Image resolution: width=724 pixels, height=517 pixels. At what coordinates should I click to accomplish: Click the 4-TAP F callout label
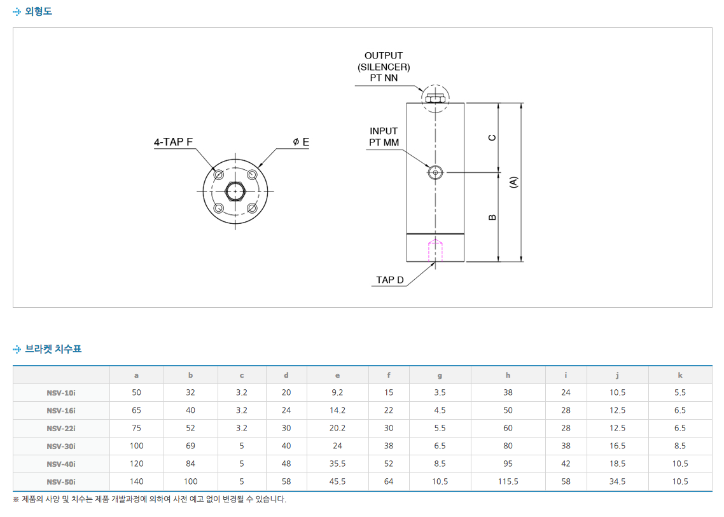click(173, 142)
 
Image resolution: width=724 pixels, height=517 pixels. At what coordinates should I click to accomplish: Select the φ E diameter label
click(300, 142)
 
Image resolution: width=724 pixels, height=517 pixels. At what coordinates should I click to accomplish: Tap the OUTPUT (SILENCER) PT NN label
click(384, 67)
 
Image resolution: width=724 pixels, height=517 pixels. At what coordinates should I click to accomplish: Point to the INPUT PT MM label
click(384, 137)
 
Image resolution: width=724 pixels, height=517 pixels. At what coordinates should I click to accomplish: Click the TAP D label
click(389, 280)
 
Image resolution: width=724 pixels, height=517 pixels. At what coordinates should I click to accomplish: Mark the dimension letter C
click(492, 137)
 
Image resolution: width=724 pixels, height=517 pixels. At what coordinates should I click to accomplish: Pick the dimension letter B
click(492, 217)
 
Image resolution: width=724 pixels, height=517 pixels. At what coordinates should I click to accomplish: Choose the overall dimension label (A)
click(514, 182)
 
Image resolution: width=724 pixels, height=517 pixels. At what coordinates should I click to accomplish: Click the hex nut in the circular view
click(235, 190)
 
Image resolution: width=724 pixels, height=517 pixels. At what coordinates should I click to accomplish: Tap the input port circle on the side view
click(435, 172)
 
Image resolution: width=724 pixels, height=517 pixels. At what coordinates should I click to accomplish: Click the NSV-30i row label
click(61, 446)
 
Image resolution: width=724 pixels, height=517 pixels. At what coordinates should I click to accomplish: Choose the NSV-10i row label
click(61, 392)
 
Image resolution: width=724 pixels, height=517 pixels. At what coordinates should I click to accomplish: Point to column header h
click(508, 375)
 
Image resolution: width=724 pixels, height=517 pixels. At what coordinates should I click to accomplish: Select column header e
click(337, 375)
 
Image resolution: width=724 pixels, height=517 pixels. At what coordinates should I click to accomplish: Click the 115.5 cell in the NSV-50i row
click(508, 481)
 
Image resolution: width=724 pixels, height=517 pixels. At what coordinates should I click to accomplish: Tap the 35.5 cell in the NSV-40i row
click(337, 464)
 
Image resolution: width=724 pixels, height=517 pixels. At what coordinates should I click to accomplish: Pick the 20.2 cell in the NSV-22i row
click(337, 428)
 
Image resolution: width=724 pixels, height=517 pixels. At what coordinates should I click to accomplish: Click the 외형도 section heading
click(38, 11)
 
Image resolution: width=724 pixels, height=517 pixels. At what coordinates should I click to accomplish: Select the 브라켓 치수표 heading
click(53, 348)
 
